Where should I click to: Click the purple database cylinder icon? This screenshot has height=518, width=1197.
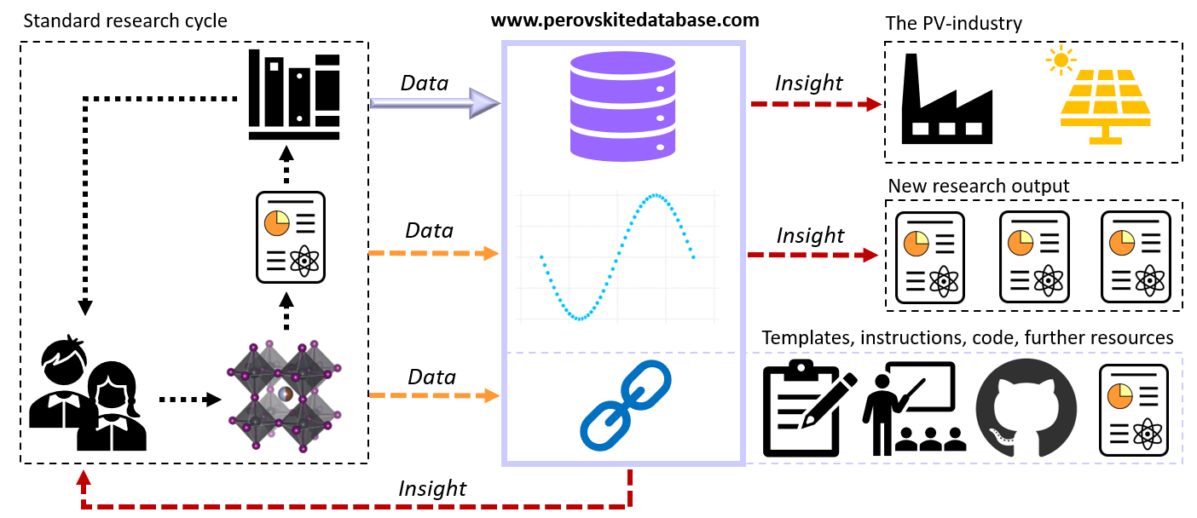click(x=622, y=106)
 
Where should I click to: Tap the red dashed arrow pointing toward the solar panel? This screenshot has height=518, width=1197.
click(x=815, y=104)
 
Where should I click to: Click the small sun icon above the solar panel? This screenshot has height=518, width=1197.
click(x=1061, y=60)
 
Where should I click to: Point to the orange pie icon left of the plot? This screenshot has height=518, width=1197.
click(x=276, y=223)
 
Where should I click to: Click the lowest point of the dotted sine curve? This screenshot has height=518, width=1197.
click(x=580, y=319)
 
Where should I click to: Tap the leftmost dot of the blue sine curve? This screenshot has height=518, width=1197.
click(x=541, y=256)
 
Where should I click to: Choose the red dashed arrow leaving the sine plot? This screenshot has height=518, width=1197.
click(x=812, y=255)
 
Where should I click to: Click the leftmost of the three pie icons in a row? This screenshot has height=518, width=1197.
click(x=916, y=244)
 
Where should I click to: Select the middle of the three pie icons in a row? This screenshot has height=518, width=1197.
click(x=1020, y=243)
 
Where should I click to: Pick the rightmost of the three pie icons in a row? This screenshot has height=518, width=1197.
click(x=1121, y=243)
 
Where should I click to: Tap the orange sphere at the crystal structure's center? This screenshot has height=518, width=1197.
click(x=286, y=394)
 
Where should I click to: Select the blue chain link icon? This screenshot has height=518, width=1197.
click(x=625, y=405)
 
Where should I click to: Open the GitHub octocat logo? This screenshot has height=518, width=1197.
click(x=1026, y=407)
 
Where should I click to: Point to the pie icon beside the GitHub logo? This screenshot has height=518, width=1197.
click(x=1119, y=396)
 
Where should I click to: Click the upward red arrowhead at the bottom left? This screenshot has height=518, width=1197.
click(x=84, y=477)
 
